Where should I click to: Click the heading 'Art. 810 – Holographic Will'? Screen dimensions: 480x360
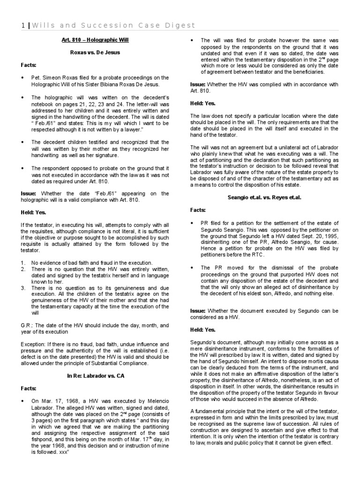point(95,40)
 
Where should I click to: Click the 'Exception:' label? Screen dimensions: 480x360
point(34,344)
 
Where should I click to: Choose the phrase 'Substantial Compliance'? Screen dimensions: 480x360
point(120,363)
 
